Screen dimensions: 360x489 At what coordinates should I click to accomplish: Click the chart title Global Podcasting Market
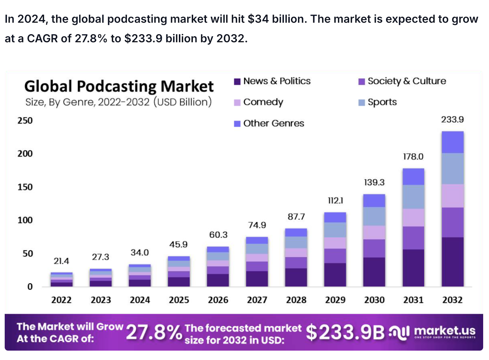(119, 86)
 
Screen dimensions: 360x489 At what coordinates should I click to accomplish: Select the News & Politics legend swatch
(237, 82)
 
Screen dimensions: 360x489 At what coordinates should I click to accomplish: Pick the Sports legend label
(382, 102)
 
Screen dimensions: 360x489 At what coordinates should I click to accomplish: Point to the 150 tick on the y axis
(25, 187)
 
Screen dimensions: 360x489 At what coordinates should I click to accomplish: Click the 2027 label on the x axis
(257, 300)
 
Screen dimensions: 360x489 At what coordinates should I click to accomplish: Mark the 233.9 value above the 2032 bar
(452, 119)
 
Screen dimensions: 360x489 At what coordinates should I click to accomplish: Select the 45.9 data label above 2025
(178, 244)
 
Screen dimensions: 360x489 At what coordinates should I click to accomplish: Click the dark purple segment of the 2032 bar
(452, 262)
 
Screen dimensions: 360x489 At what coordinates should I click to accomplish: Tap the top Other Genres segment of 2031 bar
(413, 177)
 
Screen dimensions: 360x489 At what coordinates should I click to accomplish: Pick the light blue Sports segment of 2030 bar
(374, 216)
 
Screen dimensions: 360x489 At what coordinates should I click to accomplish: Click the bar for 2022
(61, 279)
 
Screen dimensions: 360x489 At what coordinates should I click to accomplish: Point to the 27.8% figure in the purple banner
(154, 332)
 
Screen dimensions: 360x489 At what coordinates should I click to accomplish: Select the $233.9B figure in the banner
(345, 332)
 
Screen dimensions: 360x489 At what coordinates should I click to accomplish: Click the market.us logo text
(444, 331)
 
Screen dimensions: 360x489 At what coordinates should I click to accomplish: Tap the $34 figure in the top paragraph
(258, 19)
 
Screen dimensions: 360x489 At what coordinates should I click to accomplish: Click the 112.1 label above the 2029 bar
(335, 201)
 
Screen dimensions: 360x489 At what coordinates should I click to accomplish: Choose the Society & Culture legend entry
(406, 81)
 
